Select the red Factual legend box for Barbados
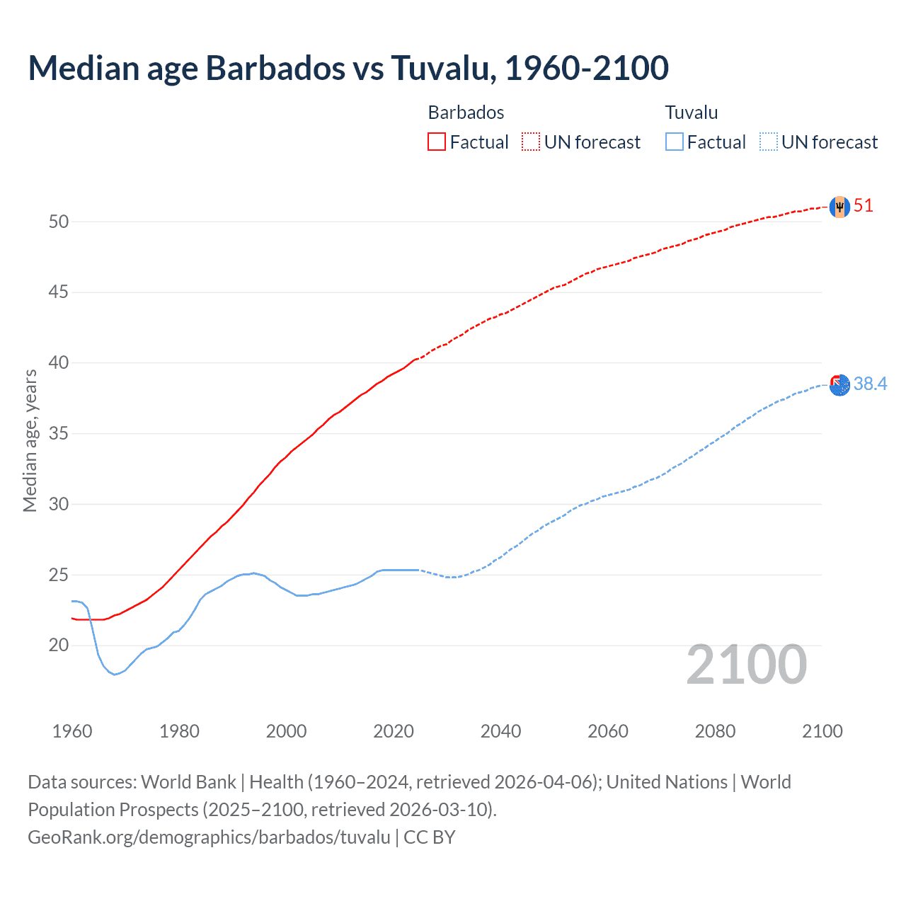click(x=437, y=142)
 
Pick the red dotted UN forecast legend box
click(x=531, y=142)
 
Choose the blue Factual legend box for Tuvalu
click(x=675, y=142)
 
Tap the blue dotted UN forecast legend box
click(x=768, y=142)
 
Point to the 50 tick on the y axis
click(x=59, y=222)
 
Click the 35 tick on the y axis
click(x=59, y=433)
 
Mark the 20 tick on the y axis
click(x=59, y=645)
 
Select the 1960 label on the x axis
click(x=72, y=731)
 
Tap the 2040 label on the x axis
click(x=500, y=731)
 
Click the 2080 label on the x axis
click(x=715, y=731)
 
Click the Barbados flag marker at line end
click(x=839, y=207)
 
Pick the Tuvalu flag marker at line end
click(x=839, y=385)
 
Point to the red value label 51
click(x=864, y=206)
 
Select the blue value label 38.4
click(x=870, y=384)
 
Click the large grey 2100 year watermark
click(x=746, y=665)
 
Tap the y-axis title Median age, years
click(x=30, y=440)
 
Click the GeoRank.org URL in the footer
click(x=209, y=837)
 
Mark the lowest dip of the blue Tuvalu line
click(x=115, y=674)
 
